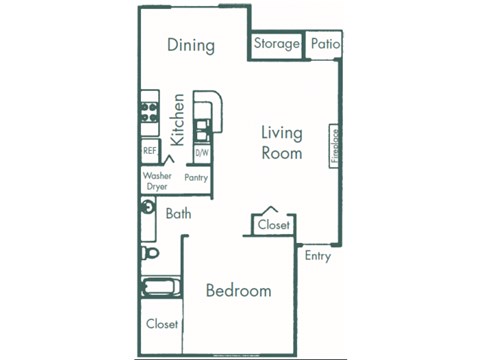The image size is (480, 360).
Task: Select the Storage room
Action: (x=276, y=44)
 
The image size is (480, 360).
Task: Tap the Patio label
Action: (x=324, y=44)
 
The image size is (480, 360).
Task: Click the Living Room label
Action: (x=282, y=142)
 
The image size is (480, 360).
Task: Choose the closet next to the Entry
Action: (x=273, y=225)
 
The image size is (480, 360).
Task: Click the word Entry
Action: (x=318, y=255)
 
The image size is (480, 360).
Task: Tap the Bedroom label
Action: (x=238, y=291)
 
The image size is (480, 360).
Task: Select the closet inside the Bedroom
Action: (x=162, y=324)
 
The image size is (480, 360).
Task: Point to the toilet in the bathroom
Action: (x=148, y=250)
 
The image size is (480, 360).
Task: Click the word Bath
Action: (x=179, y=213)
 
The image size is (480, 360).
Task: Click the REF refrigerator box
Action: (x=150, y=151)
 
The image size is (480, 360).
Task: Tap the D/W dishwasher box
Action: (x=201, y=153)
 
